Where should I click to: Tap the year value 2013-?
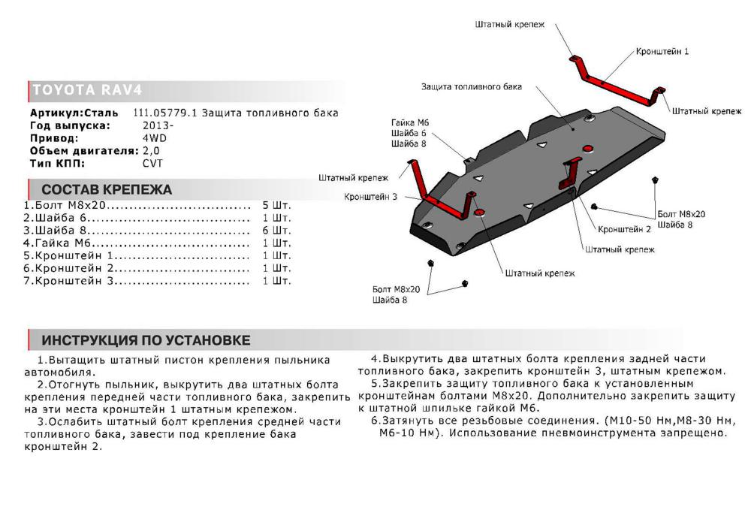click(x=158, y=125)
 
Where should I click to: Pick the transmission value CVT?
click(x=152, y=163)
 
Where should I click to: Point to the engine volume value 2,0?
click(x=152, y=150)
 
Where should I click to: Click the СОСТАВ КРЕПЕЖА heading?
click(x=107, y=189)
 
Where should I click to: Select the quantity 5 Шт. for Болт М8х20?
click(x=276, y=205)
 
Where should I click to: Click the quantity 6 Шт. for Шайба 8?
click(x=276, y=231)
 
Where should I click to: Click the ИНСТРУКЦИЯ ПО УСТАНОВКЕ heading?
click(x=146, y=339)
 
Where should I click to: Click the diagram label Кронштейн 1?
click(x=662, y=51)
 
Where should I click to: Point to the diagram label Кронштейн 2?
click(x=624, y=228)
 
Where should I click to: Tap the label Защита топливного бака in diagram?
click(x=471, y=86)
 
